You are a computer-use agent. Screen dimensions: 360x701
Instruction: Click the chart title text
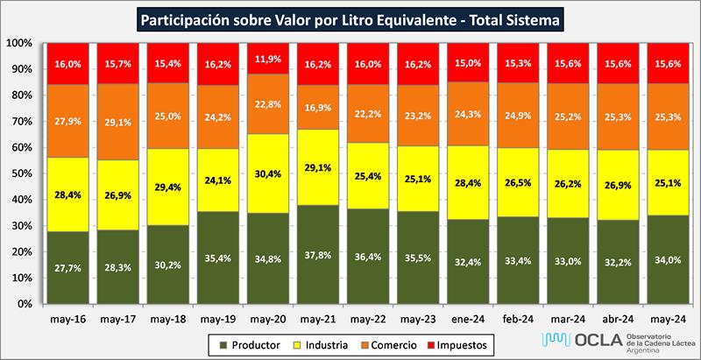pyautogui.click(x=350, y=18)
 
